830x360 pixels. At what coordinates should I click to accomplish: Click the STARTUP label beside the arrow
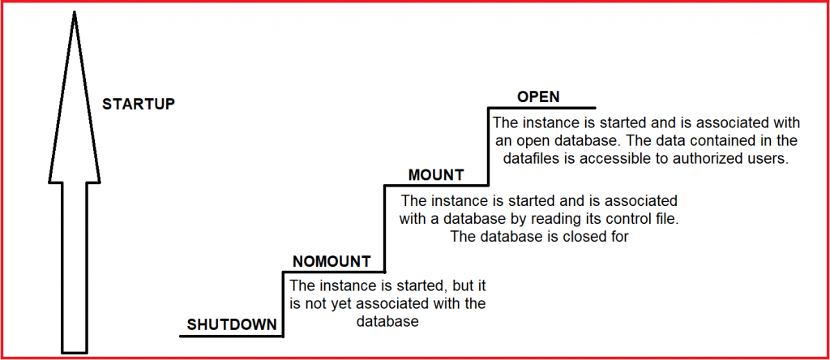click(138, 104)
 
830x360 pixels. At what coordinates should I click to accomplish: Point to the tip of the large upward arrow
click(75, 11)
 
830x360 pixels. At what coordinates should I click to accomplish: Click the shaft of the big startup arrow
click(75, 268)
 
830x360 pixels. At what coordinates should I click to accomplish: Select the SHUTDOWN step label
click(232, 324)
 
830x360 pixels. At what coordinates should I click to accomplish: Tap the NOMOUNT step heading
click(332, 261)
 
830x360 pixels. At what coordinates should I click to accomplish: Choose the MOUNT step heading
click(436, 174)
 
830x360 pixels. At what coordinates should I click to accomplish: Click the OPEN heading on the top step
click(538, 96)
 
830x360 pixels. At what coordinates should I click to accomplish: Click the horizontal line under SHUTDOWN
click(231, 336)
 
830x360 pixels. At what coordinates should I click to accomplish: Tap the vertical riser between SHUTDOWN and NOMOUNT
click(283, 304)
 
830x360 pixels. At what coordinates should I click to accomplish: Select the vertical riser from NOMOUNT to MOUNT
click(385, 228)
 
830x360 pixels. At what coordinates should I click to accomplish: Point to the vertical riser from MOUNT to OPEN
click(488, 146)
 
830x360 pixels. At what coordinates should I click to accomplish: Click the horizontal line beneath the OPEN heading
click(541, 108)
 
